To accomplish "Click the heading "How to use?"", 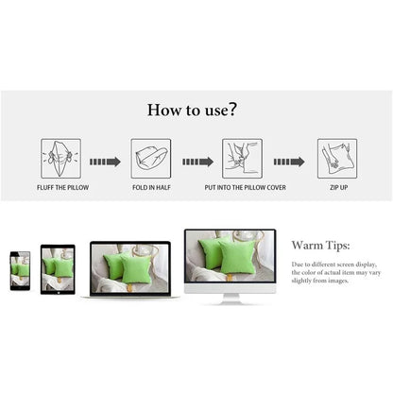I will [x=192, y=110].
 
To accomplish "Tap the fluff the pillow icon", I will [x=60, y=158].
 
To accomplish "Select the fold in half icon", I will [x=151, y=158].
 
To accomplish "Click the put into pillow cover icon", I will [x=242, y=158].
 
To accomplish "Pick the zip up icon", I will [x=337, y=158].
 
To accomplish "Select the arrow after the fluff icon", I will [x=105, y=162].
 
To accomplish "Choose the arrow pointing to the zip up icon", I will [x=288, y=162].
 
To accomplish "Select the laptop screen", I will [x=129, y=267].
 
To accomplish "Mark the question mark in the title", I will [x=231, y=110].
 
